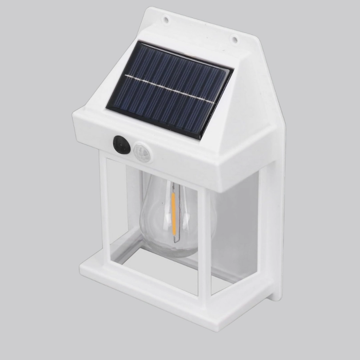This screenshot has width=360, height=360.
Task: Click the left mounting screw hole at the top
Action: click(x=166, y=20)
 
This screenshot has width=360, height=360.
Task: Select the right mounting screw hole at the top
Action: click(x=234, y=39)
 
